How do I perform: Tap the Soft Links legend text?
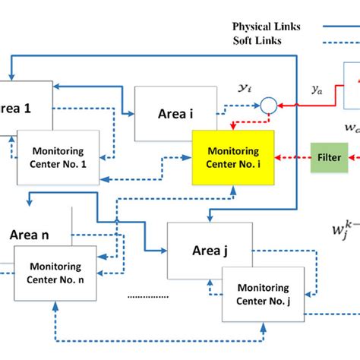[x=258, y=40]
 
